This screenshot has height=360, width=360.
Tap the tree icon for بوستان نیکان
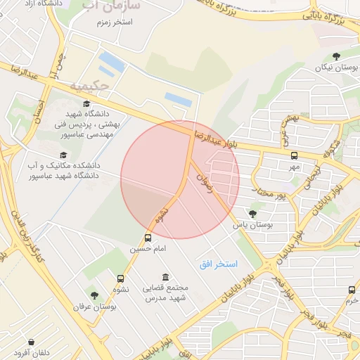[336, 56]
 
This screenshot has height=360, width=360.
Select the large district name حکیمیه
[89, 86]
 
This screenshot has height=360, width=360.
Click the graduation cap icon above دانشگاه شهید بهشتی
[86, 104]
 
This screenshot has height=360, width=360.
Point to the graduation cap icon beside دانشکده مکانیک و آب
[63, 155]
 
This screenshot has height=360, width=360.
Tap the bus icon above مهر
[293, 156]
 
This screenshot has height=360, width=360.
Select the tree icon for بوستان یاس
[252, 213]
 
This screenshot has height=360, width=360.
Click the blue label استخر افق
[218, 264]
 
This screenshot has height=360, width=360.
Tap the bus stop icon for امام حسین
[148, 238]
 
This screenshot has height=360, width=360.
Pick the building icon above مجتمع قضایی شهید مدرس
[165, 277]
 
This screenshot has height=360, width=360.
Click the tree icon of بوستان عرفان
[94, 295]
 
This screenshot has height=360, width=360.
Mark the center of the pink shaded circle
[180, 179]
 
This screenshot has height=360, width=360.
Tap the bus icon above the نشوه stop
[120, 278]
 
